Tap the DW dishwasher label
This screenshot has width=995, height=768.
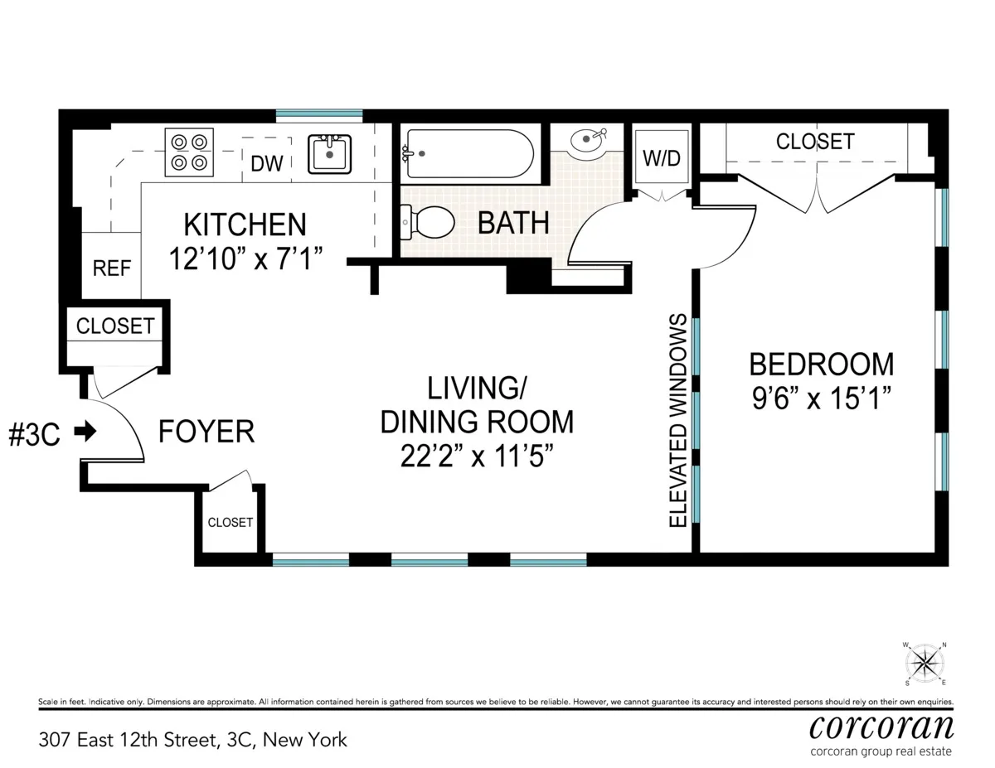pyautogui.click(x=267, y=163)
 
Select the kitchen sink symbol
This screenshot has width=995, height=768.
pyautogui.click(x=330, y=153)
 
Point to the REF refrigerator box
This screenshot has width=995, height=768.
pyautogui.click(x=112, y=269)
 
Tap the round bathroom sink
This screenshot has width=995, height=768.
pyautogui.click(x=589, y=142)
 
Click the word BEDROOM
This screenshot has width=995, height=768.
pyautogui.click(x=821, y=364)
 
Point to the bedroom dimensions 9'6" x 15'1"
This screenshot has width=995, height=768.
pyautogui.click(x=821, y=398)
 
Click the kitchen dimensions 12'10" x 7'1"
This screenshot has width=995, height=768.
pyautogui.click(x=245, y=258)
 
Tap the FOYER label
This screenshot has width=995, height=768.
pyautogui.click(x=206, y=432)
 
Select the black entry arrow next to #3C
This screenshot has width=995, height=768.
pyautogui.click(x=85, y=431)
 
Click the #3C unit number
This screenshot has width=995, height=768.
pyautogui.click(x=34, y=435)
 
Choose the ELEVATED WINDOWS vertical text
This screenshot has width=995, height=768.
pyautogui.click(x=678, y=421)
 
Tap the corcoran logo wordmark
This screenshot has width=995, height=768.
pyautogui.click(x=881, y=727)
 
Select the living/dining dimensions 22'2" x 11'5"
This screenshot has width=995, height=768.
pyautogui.click(x=476, y=456)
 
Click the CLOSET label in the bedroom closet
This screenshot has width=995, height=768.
pyautogui.click(x=814, y=142)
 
